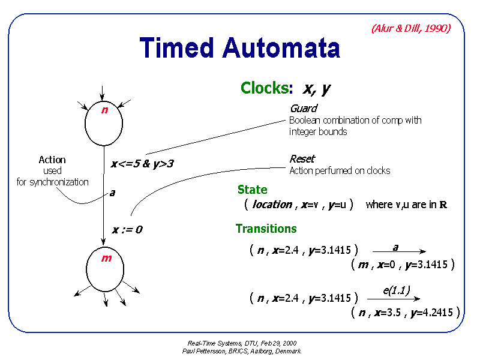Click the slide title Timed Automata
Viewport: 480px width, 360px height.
(x=240, y=48)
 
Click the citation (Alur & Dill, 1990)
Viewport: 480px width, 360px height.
(x=410, y=28)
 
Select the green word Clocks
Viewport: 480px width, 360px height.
(x=265, y=88)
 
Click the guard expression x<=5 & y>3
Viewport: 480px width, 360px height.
(x=142, y=163)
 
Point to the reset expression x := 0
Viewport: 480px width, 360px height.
(x=127, y=229)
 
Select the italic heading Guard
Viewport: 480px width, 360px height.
(x=303, y=109)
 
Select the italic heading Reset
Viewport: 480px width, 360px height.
(x=302, y=159)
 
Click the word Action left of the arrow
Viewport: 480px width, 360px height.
(x=52, y=160)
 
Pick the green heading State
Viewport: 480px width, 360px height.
(x=252, y=190)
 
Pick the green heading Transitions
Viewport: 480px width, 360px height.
(x=266, y=229)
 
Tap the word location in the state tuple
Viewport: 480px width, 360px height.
(x=272, y=205)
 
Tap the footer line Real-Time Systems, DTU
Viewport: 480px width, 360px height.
(x=242, y=343)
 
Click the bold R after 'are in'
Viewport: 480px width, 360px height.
(x=443, y=205)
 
